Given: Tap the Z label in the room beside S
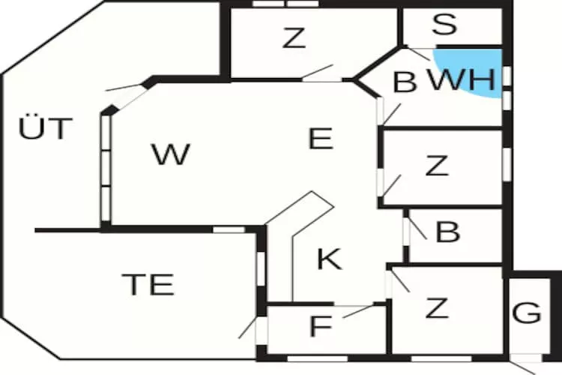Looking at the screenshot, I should pos(294,38).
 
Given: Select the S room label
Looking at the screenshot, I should pos(444,25).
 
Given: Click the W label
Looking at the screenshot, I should pos(170,155).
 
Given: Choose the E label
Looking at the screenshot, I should pos(321,139).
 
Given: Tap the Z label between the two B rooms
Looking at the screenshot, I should pos(436,165).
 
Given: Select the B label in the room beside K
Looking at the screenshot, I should pos(447,232).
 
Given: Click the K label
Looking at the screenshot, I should pos(329,259).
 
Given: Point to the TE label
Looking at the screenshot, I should pos(148,285).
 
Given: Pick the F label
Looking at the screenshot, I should pos(320,326).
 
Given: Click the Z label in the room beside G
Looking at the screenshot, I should pos(436,307).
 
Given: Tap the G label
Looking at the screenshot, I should pos(528,313).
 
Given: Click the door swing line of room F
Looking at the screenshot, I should pos(358,310).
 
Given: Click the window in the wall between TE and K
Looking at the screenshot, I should pos(261,268).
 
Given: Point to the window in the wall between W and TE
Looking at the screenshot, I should pos(229,229).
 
